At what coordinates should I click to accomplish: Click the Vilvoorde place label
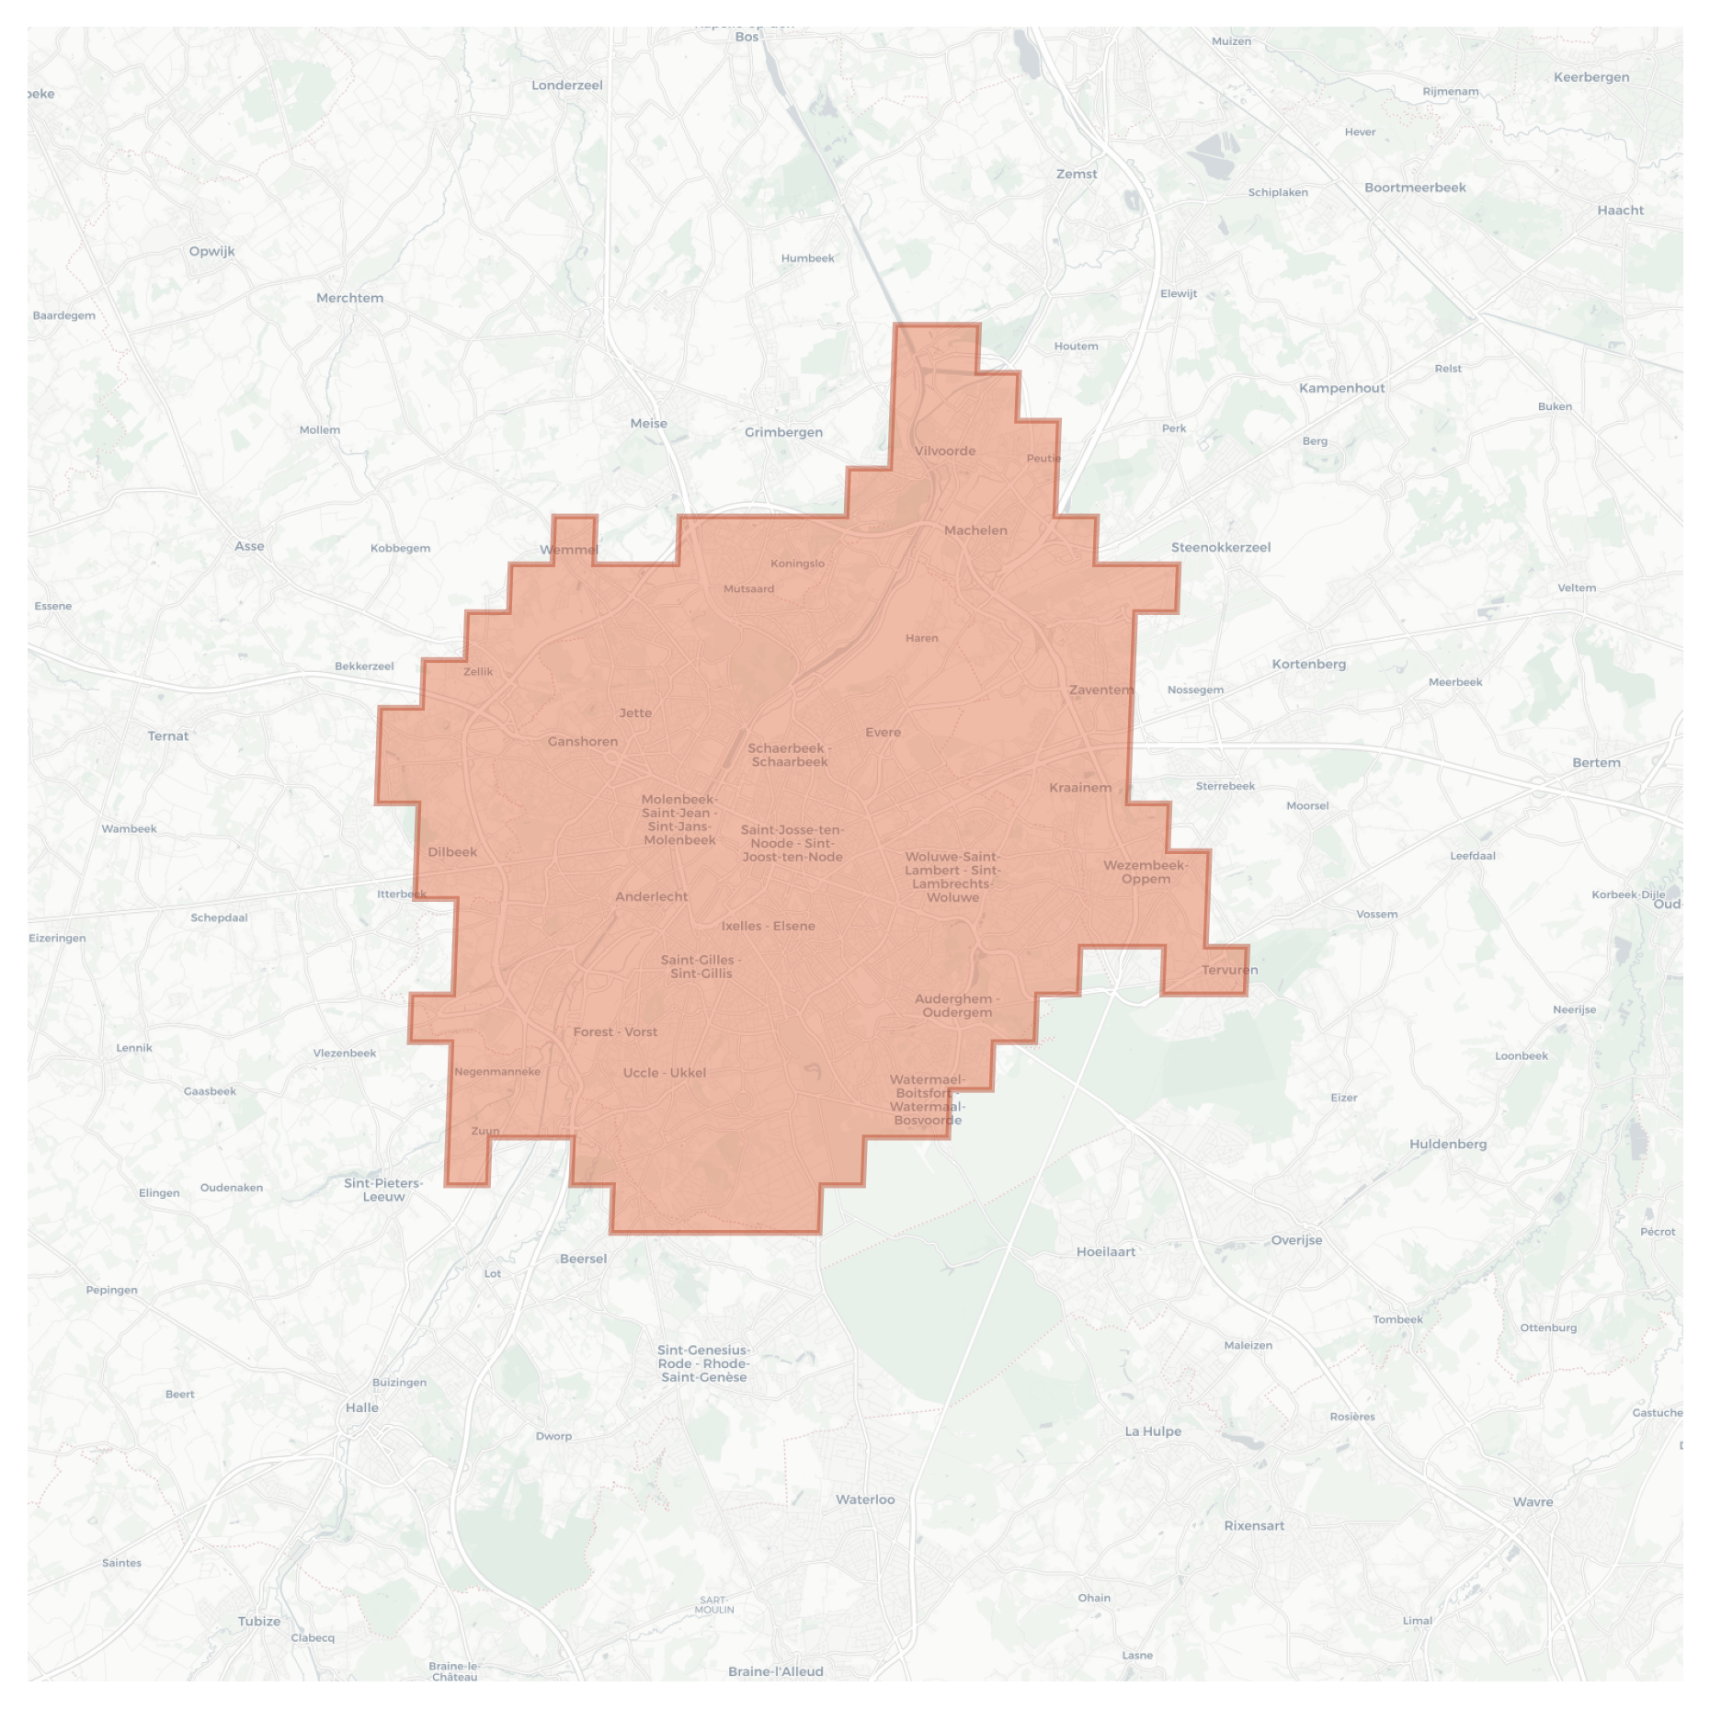tap(945, 450)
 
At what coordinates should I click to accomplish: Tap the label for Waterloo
tap(865, 1499)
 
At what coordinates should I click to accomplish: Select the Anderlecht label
tap(651, 896)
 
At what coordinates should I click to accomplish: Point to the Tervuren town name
tap(1229, 970)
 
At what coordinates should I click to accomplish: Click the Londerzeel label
tap(567, 85)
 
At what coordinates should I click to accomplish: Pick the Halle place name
tap(362, 1407)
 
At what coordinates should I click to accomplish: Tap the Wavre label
tap(1533, 1502)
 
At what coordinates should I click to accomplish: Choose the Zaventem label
tap(1101, 689)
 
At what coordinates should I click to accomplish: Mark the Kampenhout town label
tap(1341, 388)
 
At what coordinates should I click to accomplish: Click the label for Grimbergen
tap(783, 432)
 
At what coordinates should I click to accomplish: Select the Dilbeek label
tap(452, 852)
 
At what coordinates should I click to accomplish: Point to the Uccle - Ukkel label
tap(664, 1073)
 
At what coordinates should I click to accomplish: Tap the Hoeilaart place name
tap(1106, 1251)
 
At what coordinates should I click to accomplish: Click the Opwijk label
tap(212, 251)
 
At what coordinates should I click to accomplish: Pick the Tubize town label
tap(259, 1621)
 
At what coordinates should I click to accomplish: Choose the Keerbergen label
tap(1591, 77)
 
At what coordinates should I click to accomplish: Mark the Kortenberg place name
tap(1308, 664)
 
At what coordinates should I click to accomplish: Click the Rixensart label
tap(1254, 1525)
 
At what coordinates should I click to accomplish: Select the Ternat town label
tap(168, 735)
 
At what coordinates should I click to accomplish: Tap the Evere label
tap(883, 733)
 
